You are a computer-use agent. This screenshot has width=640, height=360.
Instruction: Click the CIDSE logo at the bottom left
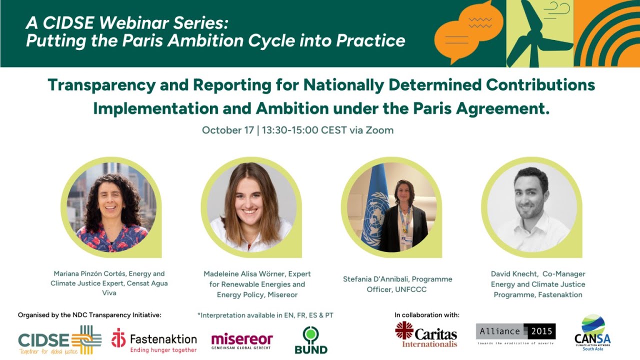59,340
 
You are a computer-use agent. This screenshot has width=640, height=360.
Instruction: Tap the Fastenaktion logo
154,340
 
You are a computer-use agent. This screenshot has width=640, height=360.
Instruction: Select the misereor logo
242,341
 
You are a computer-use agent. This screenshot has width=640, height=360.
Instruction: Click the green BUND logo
311,340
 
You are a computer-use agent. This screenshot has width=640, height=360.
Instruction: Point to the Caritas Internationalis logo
426,334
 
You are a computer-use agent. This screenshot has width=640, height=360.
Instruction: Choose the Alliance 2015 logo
515,333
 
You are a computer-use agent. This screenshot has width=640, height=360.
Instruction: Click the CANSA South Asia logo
592,333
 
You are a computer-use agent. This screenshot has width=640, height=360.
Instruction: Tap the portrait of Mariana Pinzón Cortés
111,207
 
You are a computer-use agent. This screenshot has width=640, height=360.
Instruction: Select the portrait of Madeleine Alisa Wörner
251,207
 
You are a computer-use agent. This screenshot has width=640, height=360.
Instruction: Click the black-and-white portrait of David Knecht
532,207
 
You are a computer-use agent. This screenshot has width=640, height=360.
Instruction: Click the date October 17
227,130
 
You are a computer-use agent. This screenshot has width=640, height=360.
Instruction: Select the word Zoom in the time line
379,130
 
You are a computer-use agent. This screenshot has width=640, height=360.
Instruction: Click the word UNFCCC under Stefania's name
411,289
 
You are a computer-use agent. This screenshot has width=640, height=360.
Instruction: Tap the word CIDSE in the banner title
68,23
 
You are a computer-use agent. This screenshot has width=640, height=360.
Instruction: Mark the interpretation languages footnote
265,315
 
